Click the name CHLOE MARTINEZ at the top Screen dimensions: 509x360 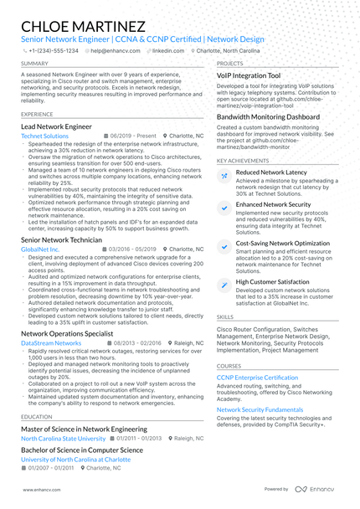83,27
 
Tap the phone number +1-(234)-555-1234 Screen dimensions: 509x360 54,50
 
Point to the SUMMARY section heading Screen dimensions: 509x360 34,64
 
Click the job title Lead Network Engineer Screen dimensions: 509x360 56,126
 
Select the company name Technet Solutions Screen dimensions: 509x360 45,135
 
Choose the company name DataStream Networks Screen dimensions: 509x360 51,342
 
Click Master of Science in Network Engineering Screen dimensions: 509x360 85,429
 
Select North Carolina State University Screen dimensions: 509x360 64,438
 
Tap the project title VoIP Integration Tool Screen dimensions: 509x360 249,75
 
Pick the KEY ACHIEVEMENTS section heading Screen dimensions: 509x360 244,160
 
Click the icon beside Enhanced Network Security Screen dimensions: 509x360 224,204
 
